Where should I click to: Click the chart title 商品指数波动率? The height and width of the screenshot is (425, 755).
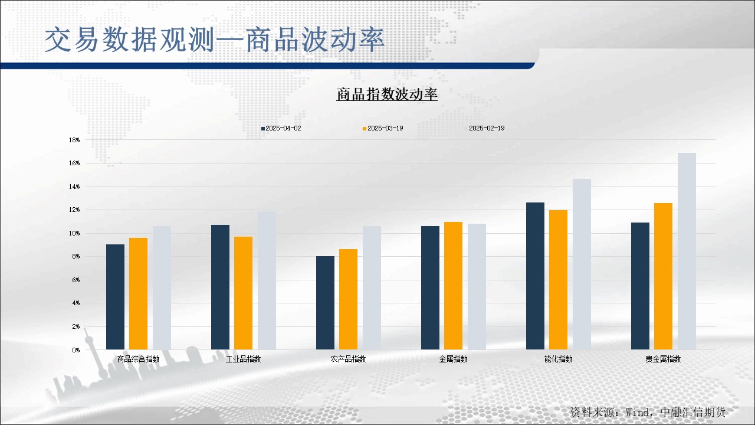387,94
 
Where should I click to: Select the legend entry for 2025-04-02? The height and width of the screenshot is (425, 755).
281,128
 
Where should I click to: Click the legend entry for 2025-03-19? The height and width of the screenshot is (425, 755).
383,128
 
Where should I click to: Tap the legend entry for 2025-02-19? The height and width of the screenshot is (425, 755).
485,128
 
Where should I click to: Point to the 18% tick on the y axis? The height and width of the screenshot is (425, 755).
74,140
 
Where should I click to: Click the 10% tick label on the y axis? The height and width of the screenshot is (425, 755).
74,233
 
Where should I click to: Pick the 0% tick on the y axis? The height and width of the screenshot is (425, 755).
76,350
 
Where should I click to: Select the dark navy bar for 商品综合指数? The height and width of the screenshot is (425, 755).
115,297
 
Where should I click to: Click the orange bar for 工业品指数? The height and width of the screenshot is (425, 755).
244,293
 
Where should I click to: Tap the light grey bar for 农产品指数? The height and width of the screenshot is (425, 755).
372,287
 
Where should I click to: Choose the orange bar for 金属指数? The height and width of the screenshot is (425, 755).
454,286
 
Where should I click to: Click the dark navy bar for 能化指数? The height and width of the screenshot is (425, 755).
535,276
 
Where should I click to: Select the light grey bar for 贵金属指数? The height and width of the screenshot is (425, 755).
687,251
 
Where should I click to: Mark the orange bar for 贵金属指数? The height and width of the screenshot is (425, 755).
664,276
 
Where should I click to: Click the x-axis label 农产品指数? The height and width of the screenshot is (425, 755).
348,359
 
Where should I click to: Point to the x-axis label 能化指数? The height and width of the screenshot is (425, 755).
558,359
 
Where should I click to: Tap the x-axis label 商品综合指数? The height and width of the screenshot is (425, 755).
138,359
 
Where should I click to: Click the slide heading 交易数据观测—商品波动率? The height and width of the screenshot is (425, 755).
215,40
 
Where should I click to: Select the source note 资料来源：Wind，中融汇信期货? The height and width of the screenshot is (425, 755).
648,412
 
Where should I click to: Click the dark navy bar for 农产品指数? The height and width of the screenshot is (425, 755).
325,303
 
